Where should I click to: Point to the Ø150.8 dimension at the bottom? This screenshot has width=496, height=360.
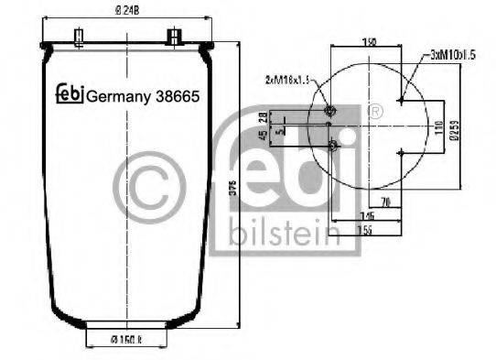pyautogui.click(x=127, y=344)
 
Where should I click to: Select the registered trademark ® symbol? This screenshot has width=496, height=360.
pyautogui.click(x=374, y=113)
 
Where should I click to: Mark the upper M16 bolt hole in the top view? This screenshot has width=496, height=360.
pyautogui.click(x=330, y=113)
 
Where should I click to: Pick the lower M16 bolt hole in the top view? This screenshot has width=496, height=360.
pyautogui.click(x=333, y=146)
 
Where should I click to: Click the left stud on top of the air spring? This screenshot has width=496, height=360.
pyautogui.click(x=80, y=38)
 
